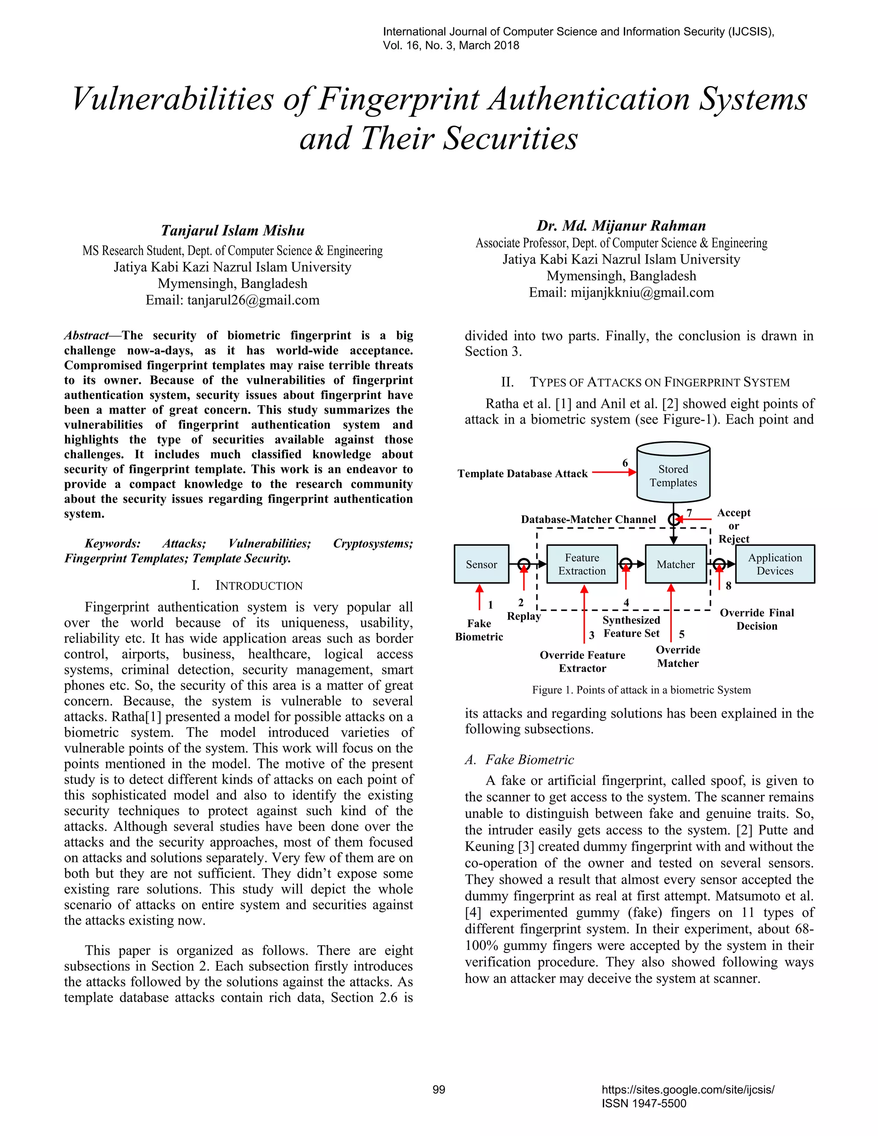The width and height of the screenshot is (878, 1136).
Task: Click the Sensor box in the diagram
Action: point(481,565)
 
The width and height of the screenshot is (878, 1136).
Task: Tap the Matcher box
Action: point(675,565)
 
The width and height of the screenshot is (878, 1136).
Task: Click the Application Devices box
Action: point(775,565)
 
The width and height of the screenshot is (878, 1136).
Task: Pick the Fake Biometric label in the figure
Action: point(478,630)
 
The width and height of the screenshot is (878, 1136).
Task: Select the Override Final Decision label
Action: point(756,619)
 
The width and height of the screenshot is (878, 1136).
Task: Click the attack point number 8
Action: point(728,586)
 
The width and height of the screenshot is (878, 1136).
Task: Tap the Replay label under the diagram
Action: point(523,616)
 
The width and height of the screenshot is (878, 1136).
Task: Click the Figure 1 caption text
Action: point(641,690)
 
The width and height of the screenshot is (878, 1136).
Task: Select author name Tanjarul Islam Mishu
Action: point(232,231)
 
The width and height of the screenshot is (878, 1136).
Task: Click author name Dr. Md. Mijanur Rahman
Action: point(621,226)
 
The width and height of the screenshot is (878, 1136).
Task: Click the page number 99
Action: point(439,1090)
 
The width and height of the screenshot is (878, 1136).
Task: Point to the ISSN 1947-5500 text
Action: point(643,1103)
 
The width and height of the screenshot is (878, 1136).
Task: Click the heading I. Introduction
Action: point(247,586)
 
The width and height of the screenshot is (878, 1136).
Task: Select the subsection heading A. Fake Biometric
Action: point(519,760)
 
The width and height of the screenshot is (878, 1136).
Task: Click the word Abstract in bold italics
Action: point(86,336)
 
